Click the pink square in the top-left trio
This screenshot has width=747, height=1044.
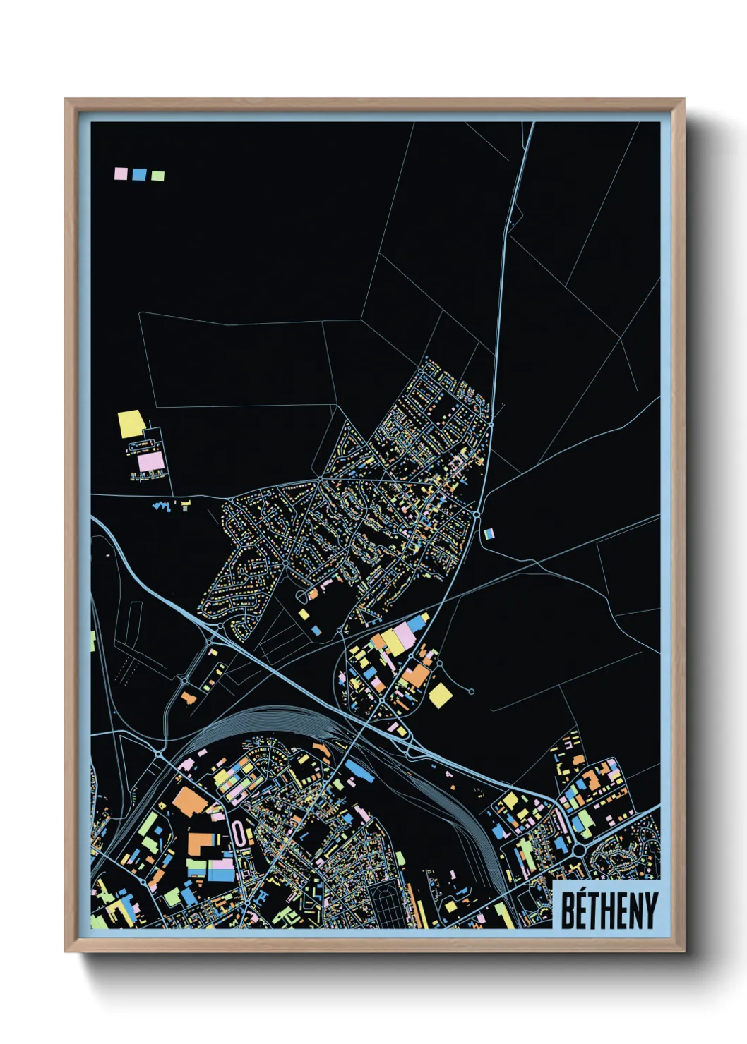pos(121,173)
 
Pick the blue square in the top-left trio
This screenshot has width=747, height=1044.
pos(139,174)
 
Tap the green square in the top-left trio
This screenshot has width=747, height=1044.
pos(157,176)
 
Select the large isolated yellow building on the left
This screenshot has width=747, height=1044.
pos(131,424)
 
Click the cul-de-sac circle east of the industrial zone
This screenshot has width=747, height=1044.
pos(471,692)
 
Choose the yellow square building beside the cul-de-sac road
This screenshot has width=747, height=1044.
pos(441,695)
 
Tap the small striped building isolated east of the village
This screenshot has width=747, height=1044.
pos(490,534)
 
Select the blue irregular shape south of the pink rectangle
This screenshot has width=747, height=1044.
pos(162,505)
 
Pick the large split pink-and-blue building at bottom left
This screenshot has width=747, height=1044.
pos(220,870)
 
